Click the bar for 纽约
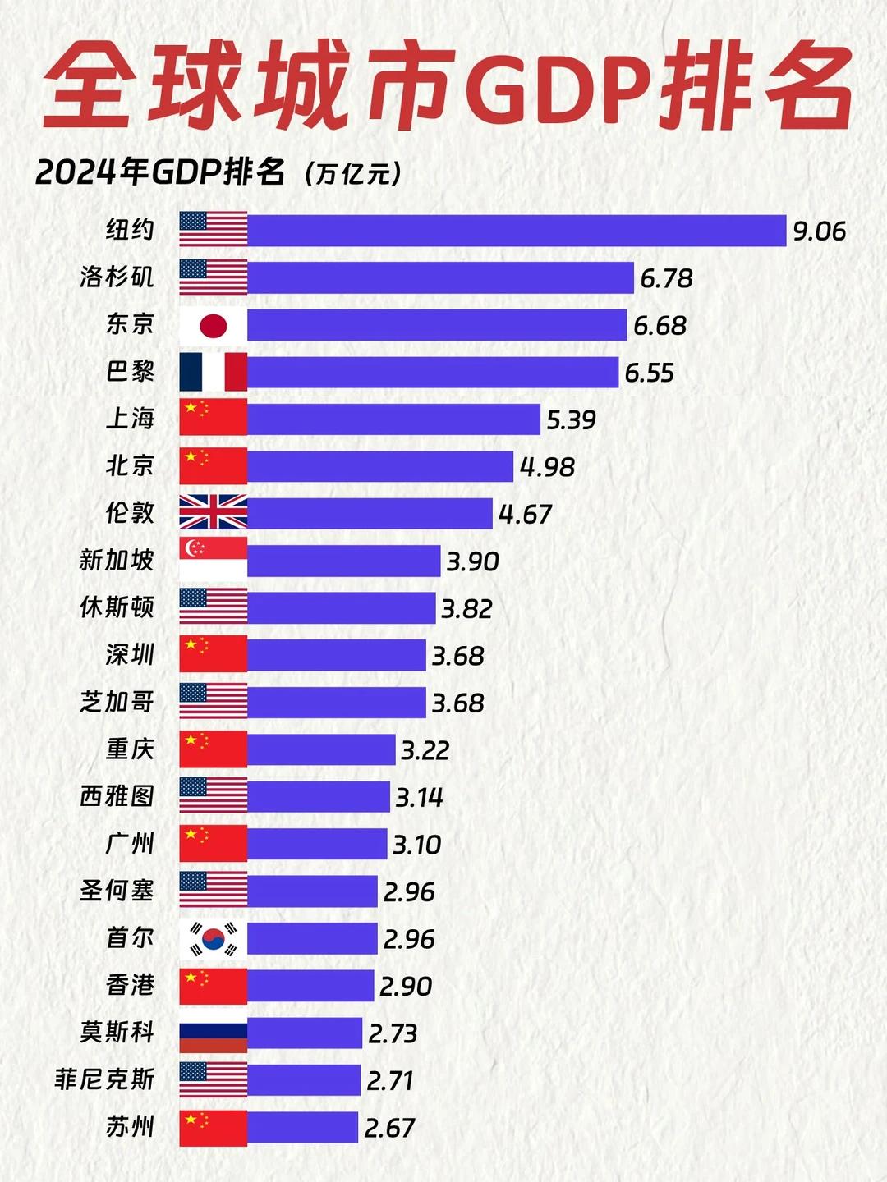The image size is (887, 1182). (516, 231)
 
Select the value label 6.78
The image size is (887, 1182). (666, 278)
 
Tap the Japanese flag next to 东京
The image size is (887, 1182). (213, 326)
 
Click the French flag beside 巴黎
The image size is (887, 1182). (213, 373)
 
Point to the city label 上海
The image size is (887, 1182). (130, 419)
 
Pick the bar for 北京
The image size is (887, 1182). (379, 466)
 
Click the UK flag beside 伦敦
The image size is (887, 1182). (213, 513)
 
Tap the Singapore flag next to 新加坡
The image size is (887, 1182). (213, 560)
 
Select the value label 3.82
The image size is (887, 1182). (466, 609)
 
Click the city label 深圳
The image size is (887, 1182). (130, 655)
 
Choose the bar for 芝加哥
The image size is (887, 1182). (336, 703)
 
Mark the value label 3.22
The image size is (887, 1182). (425, 750)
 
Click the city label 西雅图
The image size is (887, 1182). (117, 796)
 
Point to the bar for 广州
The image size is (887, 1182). (316, 844)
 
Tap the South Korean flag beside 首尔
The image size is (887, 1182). (213, 939)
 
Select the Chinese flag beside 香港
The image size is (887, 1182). (213, 986)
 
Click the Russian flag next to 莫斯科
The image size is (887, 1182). (213, 1033)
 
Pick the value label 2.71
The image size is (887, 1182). (389, 1081)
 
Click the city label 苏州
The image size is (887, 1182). (130, 1127)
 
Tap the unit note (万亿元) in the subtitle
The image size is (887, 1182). (352, 174)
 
